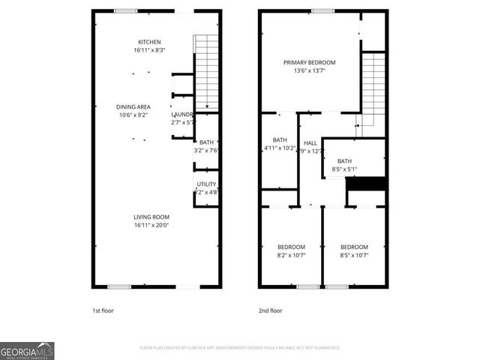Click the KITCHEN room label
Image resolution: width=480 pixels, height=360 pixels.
[149, 42]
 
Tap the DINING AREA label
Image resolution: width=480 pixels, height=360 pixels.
[133, 107]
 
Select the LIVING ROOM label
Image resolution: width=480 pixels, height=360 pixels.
[151, 217]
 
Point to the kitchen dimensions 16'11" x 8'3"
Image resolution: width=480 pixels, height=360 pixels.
[149, 50]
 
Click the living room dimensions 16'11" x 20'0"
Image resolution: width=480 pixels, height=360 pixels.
[151, 225]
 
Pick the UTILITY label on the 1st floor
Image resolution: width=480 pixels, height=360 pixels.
[206, 184]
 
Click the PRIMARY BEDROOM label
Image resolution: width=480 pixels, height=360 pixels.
[309, 62]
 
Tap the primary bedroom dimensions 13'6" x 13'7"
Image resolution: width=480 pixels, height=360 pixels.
[309, 70]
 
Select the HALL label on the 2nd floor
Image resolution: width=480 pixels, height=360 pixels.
[310, 142]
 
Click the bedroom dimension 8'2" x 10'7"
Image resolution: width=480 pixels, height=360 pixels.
[292, 255]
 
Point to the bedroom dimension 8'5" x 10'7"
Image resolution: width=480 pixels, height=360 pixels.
[354, 255]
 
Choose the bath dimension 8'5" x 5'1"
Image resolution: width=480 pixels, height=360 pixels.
[344, 169]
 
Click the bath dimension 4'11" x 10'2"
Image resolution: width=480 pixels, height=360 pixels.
[280, 148]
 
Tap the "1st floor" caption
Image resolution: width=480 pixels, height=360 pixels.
[103, 310]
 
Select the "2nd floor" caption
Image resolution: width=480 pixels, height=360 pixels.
[270, 310]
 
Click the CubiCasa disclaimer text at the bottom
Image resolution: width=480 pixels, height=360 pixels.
[240, 348]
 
